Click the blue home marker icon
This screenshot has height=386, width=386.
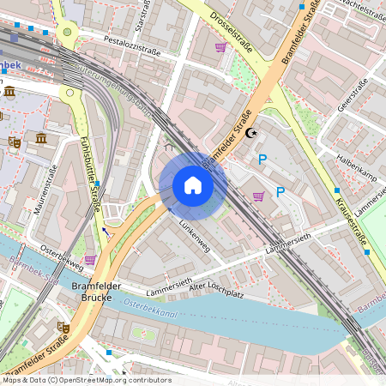coord(193,185)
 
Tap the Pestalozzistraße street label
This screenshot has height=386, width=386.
coord(132,45)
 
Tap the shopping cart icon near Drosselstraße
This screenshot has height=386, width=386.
coord(220,47)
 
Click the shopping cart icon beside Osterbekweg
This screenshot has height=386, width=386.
coord(90,259)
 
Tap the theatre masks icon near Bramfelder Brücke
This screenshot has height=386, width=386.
coord(63,327)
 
